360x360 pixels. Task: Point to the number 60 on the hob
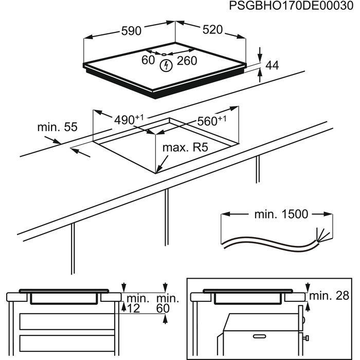[x=148, y=61]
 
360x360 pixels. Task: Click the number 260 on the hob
[x=187, y=61]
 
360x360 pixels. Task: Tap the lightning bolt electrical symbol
[x=166, y=65]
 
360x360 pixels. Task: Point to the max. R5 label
[x=185, y=148]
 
